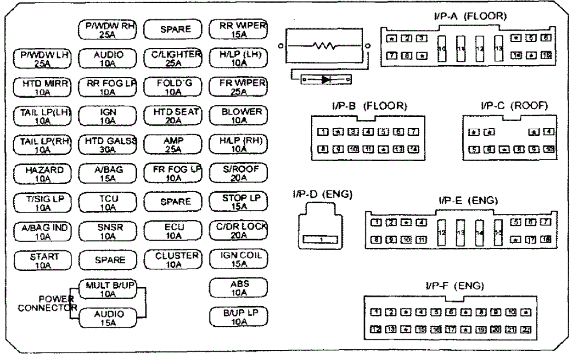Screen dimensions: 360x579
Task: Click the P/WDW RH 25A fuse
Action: click(107, 30)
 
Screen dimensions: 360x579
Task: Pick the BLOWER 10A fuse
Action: click(238, 115)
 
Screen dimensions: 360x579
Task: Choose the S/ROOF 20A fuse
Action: click(238, 173)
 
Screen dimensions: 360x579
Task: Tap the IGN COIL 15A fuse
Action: click(238, 259)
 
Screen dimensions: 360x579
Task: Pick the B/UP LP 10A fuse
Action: click(238, 316)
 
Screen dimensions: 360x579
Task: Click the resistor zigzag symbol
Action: click(325, 46)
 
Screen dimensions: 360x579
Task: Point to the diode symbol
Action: click(325, 79)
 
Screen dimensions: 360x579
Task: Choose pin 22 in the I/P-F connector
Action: click(527, 329)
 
